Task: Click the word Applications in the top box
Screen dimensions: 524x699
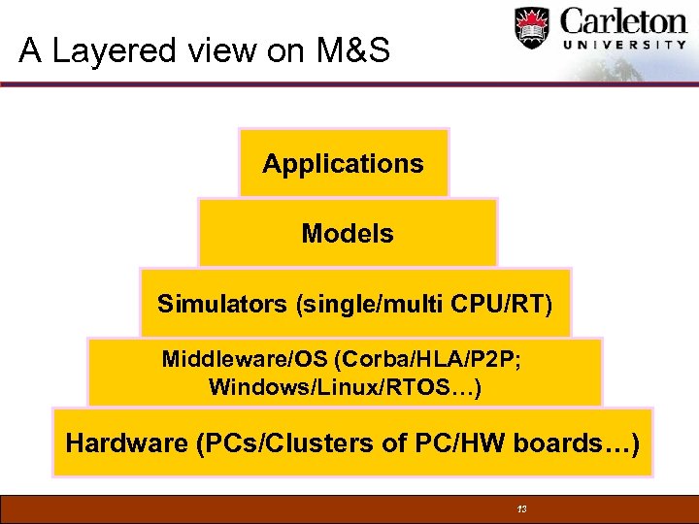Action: point(343,164)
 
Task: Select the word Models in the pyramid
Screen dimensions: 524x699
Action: point(348,234)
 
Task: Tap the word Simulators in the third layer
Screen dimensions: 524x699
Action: point(223,304)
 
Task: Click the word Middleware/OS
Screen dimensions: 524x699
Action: point(245,360)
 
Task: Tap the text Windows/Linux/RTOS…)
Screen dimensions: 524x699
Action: point(344,388)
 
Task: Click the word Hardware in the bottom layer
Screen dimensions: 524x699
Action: point(126,443)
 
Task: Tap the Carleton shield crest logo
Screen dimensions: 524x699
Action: point(532,30)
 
